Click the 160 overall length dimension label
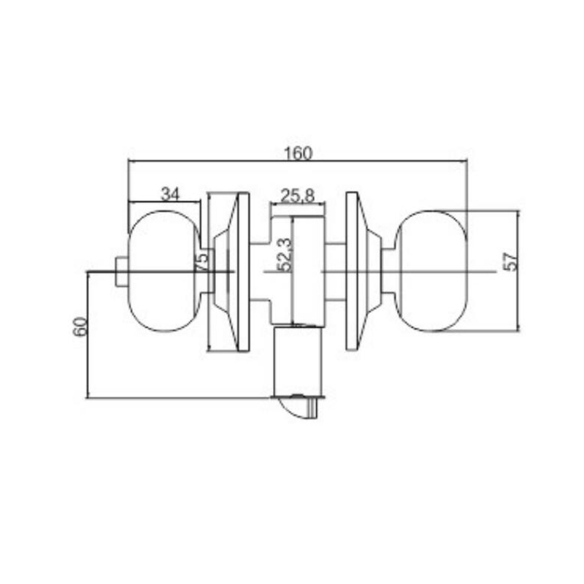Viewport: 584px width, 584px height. pos(298,153)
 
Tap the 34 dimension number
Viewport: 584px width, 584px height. pos(170,194)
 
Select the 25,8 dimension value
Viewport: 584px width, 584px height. pos(298,196)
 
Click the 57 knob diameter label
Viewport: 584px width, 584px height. pos(510,261)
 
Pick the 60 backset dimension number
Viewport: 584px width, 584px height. pos(81,326)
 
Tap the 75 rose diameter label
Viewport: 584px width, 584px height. pos(202,262)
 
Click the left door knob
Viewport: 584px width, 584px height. pos(164,271)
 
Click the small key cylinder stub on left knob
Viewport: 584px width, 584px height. pos(121,272)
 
